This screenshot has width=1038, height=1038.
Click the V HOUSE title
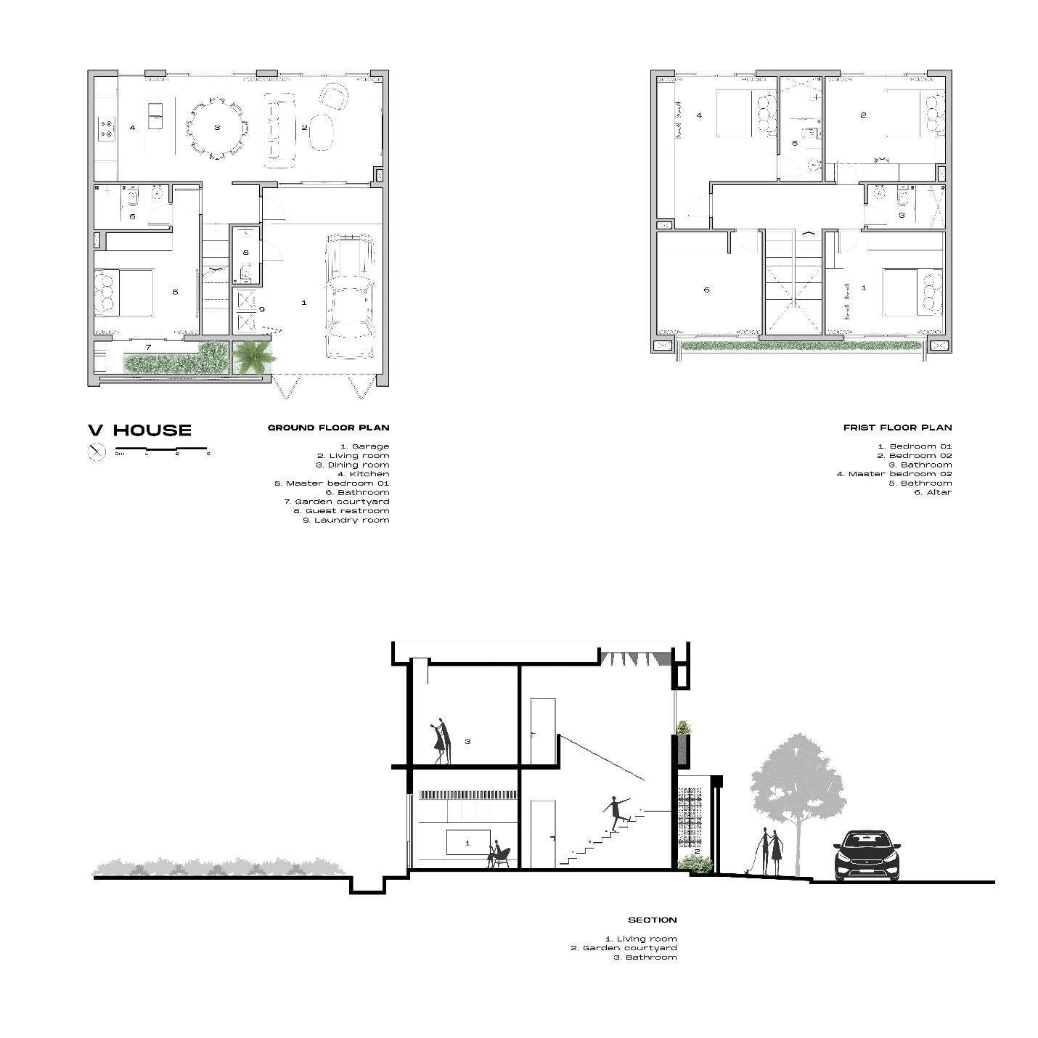(140, 430)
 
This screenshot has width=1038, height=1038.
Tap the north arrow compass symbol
(97, 452)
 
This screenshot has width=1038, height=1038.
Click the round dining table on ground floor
(217, 128)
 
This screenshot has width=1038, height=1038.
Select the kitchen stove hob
(107, 129)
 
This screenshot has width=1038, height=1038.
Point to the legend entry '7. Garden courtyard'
(336, 502)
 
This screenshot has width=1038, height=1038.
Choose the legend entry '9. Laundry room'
(346, 520)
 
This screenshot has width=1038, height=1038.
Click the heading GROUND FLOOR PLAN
(328, 428)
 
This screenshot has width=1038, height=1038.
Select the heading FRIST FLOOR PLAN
(897, 428)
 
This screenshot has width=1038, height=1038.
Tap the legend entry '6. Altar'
(932, 492)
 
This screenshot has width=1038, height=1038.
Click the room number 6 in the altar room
(706, 290)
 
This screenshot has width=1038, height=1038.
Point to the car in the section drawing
(867, 857)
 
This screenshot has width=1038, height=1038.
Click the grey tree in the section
(798, 791)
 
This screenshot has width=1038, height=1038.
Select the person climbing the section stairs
(616, 813)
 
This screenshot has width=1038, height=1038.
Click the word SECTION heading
(652, 920)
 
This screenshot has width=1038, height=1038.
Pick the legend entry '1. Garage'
(364, 446)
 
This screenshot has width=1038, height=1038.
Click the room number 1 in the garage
(304, 302)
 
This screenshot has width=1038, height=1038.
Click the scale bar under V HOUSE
(162, 450)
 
